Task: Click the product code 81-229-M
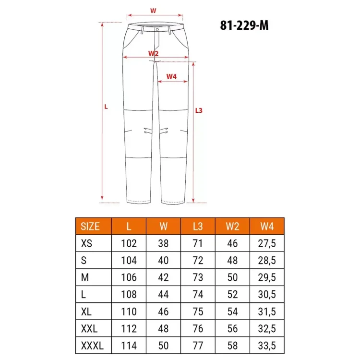[244, 25]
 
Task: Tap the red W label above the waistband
[153, 11]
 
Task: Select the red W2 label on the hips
[154, 53]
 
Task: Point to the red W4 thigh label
[171, 76]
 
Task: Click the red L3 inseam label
[199, 111]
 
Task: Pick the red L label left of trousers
[106, 107]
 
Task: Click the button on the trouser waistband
[157, 30]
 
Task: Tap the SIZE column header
[90, 227]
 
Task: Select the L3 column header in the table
[198, 227]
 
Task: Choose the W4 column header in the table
[267, 227]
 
